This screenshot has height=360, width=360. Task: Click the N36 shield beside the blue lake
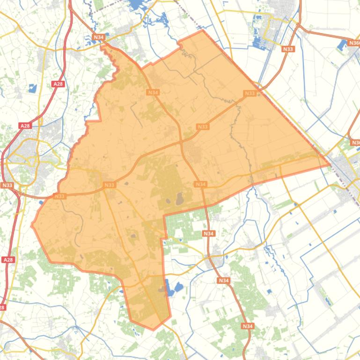point(354,43)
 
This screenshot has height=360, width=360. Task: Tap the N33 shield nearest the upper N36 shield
point(288,49)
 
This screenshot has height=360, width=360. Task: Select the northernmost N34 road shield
point(98,37)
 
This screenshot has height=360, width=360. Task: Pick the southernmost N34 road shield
point(248,326)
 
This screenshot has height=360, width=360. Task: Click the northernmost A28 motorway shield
point(58,84)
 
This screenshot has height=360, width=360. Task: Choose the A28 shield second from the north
point(25,125)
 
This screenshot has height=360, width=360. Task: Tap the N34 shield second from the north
point(153,92)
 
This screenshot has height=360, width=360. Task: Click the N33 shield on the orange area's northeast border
point(250,93)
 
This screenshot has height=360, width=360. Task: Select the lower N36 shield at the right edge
point(355,142)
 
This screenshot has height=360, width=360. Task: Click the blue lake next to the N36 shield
point(341,45)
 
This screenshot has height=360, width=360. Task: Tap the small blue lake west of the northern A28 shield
point(32,88)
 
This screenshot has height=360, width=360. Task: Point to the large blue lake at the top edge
point(137,5)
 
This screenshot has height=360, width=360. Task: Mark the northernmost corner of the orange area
point(202,31)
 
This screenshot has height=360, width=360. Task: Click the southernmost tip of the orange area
point(153,329)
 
